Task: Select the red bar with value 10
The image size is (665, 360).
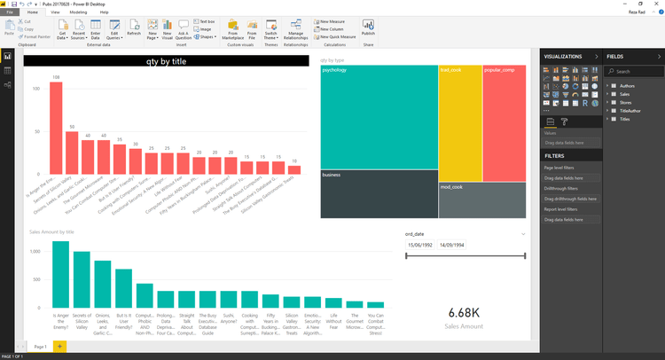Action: (x=293, y=169)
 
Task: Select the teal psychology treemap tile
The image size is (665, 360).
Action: (x=379, y=116)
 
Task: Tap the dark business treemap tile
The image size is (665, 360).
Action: (x=379, y=193)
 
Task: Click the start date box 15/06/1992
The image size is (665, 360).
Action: (x=419, y=245)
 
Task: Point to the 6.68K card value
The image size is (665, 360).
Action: (x=465, y=312)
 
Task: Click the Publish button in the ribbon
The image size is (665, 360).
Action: (x=368, y=28)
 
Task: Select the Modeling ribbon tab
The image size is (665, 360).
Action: (x=78, y=12)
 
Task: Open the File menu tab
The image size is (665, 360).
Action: (x=11, y=12)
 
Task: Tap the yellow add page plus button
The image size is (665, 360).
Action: (x=59, y=346)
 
